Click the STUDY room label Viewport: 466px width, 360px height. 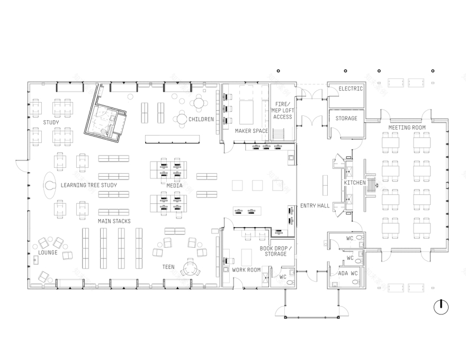[51, 122]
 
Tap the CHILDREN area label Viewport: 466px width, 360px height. [201, 119]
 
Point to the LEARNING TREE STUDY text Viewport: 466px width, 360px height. [88, 185]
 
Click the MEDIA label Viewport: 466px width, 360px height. [174, 186]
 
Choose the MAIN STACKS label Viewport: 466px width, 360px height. [114, 221]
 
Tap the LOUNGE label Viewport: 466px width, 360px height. [48, 253]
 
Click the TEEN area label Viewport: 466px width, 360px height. [168, 267]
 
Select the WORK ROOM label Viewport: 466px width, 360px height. [246, 270]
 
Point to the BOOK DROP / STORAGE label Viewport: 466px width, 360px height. [273, 251]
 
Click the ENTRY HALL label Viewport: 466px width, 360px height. [315, 205]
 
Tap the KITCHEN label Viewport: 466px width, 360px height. [355, 183]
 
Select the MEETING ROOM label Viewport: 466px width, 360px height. [407, 128]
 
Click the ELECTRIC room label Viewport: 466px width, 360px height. [351, 88]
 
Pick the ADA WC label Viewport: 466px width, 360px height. [348, 273]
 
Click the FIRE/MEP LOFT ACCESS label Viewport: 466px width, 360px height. [283, 110]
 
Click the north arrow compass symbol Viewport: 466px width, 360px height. [441, 307]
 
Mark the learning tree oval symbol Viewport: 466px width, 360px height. [51, 185]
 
